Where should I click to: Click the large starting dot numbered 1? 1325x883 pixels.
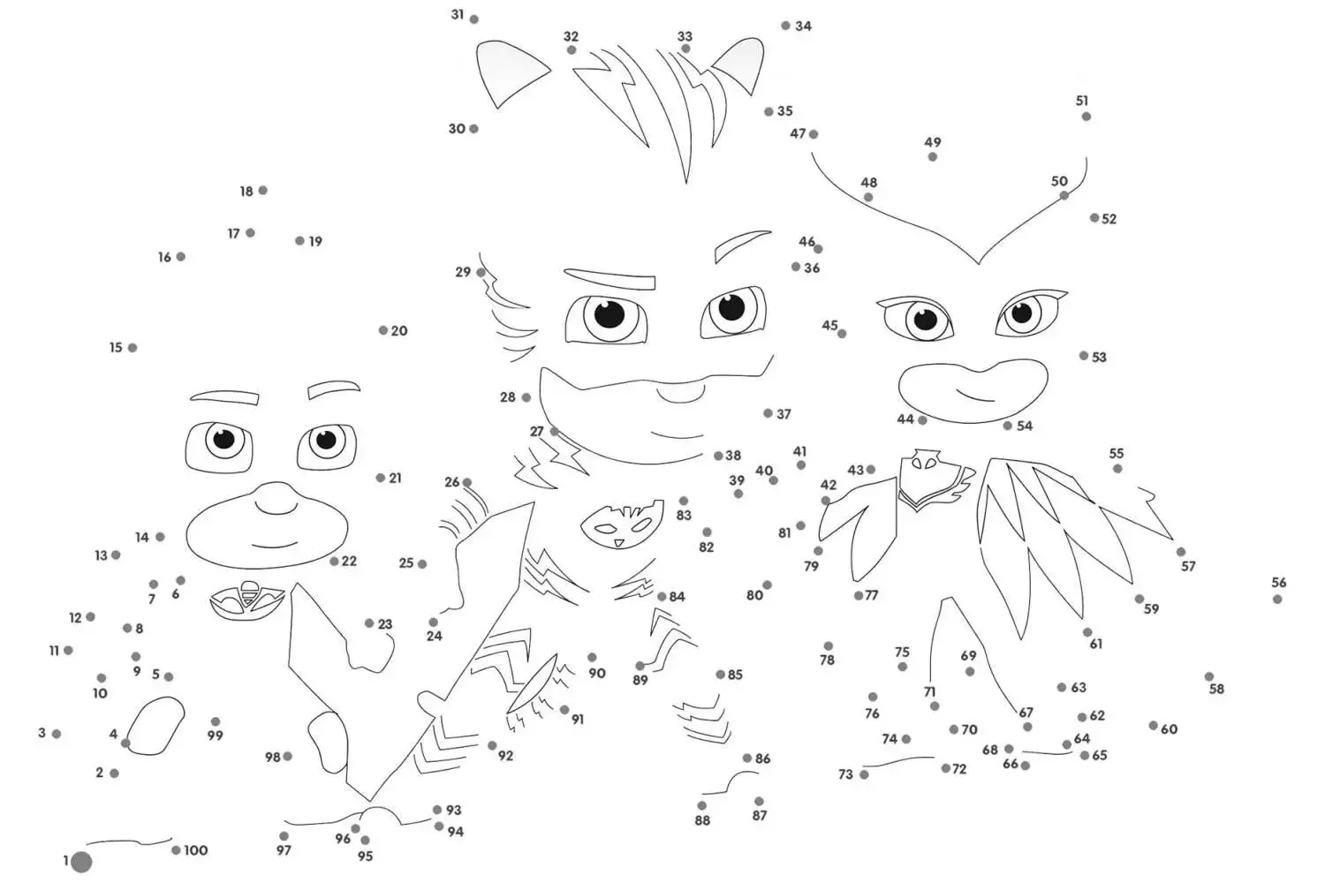pyautogui.click(x=81, y=862)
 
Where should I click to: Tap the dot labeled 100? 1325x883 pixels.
pyautogui.click(x=176, y=849)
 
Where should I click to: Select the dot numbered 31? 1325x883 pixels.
pyautogui.click(x=473, y=19)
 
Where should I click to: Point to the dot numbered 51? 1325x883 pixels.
pyautogui.click(x=1086, y=117)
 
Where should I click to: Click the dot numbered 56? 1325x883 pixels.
pyautogui.click(x=1277, y=599)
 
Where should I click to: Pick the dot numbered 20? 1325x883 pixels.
pyautogui.click(x=382, y=330)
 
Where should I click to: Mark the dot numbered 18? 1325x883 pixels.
pyautogui.click(x=262, y=190)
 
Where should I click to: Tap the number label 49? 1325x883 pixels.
pyautogui.click(x=932, y=142)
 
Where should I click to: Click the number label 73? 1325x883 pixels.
pyautogui.click(x=845, y=774)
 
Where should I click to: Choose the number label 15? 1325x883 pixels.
pyautogui.click(x=116, y=347)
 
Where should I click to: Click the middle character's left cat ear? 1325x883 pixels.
pyautogui.click(x=512, y=73)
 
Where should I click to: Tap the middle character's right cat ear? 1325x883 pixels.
pyautogui.click(x=738, y=65)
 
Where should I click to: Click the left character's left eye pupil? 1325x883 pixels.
pyautogui.click(x=223, y=440)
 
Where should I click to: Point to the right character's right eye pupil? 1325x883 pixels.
pyautogui.click(x=1021, y=313)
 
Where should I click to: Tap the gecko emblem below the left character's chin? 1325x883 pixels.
pyautogui.click(x=247, y=600)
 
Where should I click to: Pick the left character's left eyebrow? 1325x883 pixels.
pyautogui.click(x=224, y=396)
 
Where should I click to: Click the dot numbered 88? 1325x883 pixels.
pyautogui.click(x=701, y=805)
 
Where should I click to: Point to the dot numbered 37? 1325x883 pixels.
pyautogui.click(x=768, y=413)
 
